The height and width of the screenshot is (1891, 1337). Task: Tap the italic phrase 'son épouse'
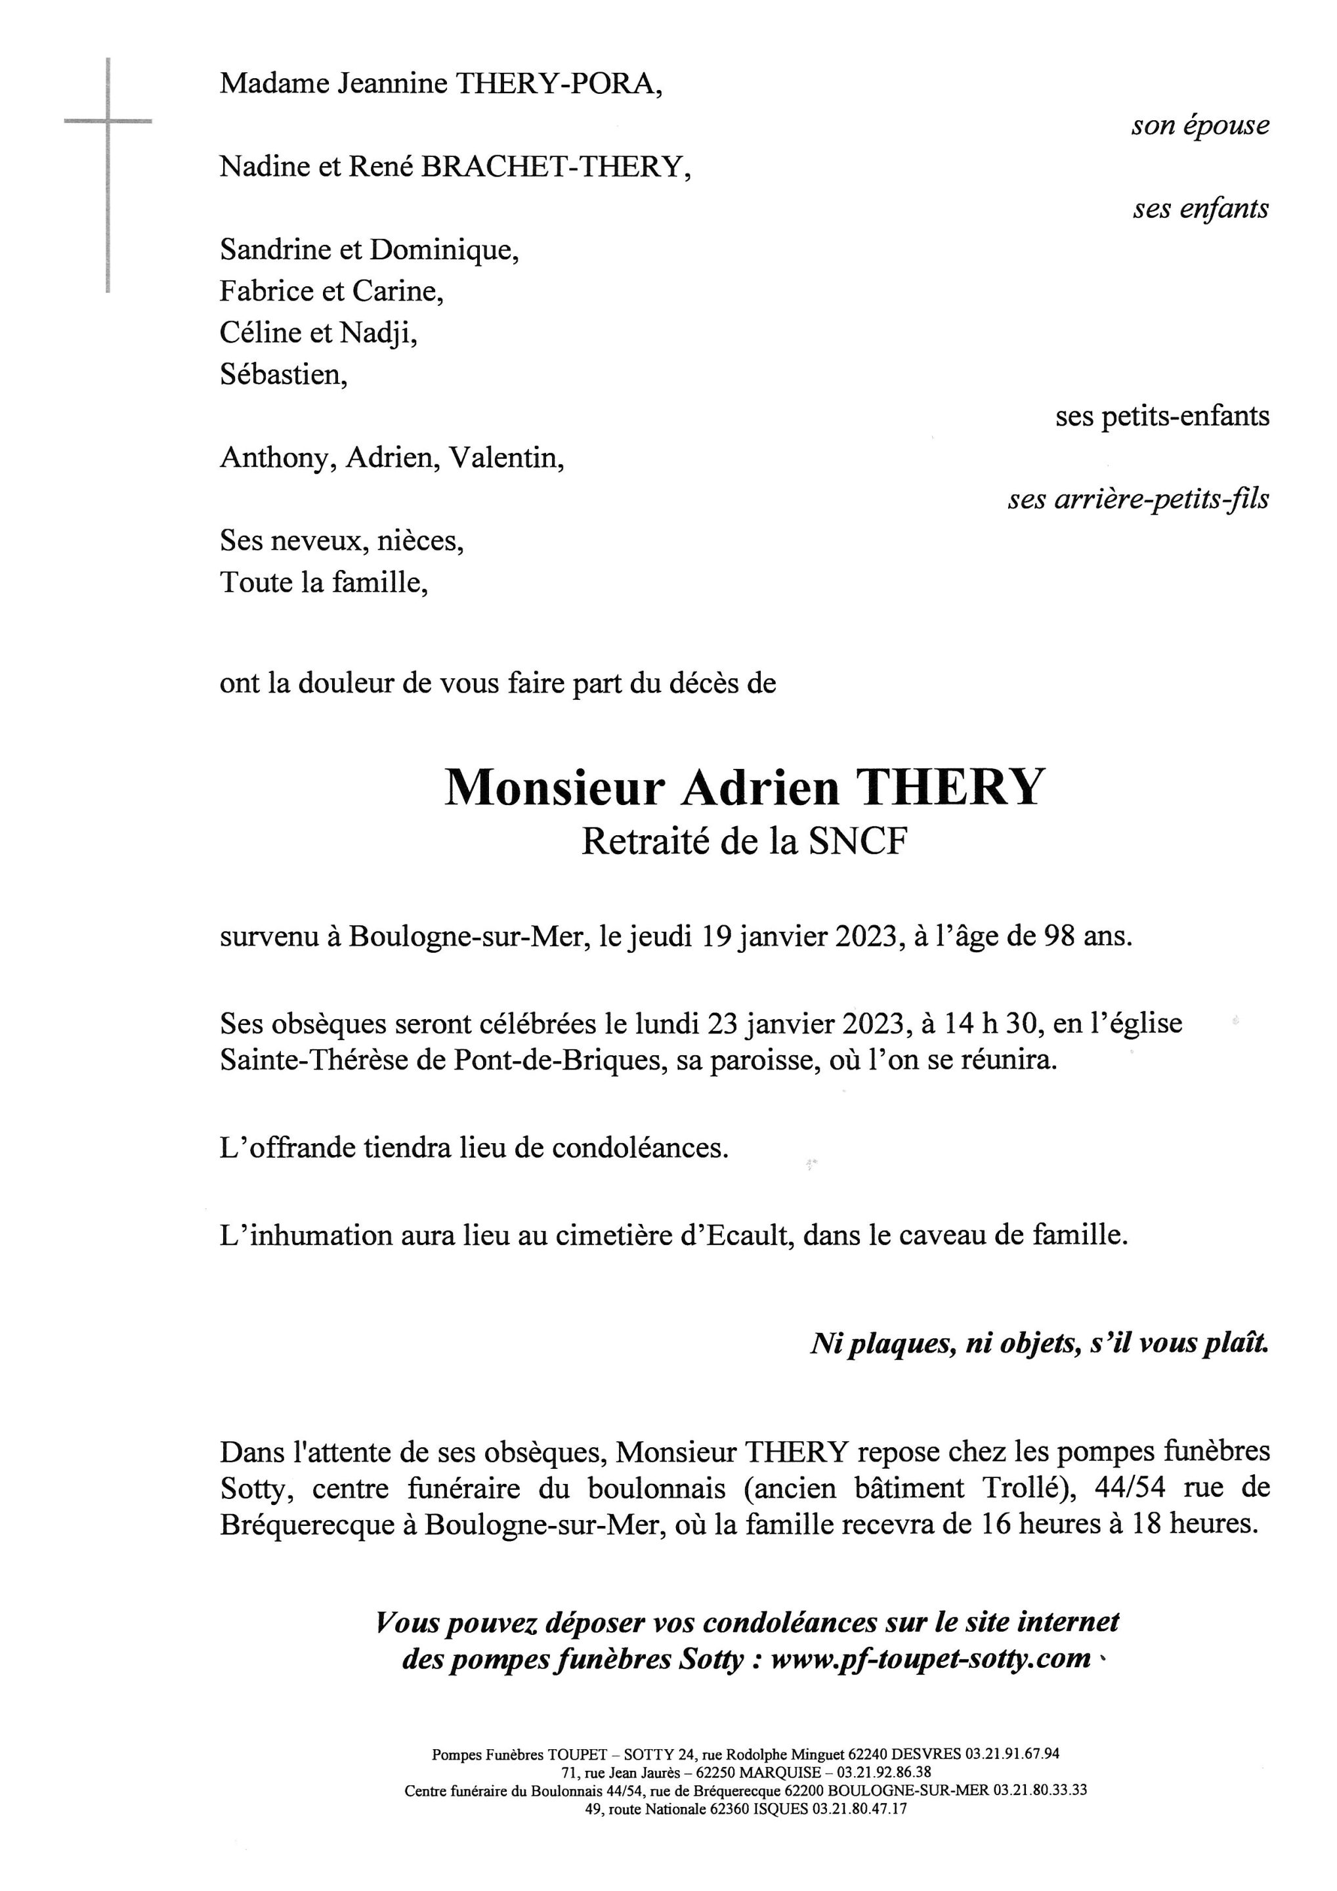click(x=1200, y=126)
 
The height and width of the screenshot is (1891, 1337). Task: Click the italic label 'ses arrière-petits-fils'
click(x=1137, y=499)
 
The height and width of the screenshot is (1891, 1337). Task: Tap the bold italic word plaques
click(x=900, y=1344)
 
